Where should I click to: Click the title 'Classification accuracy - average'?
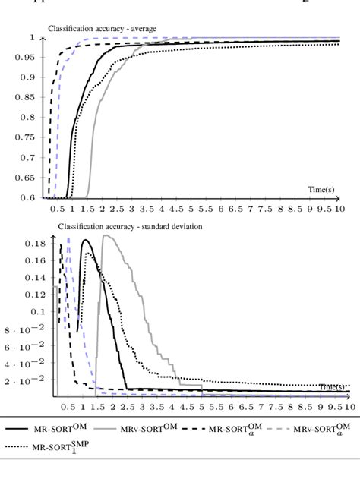tap(103, 29)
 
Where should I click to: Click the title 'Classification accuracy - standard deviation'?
tap(130, 226)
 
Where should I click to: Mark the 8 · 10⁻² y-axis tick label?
tap(25, 329)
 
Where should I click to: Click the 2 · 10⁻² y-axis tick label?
tap(25, 380)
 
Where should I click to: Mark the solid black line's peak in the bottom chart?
tap(84, 241)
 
